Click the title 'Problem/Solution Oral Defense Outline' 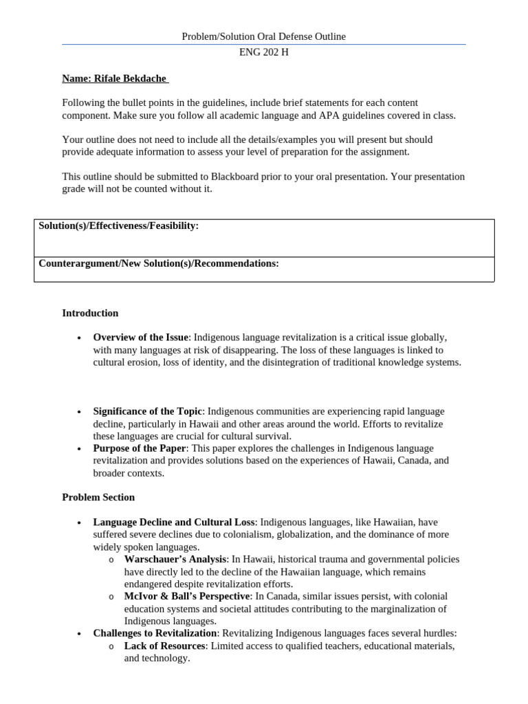pyautogui.click(x=264, y=36)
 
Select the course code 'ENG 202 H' pyautogui.click(x=264, y=52)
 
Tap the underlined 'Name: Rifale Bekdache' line pyautogui.click(x=115, y=78)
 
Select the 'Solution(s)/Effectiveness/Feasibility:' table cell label pyautogui.click(x=119, y=225)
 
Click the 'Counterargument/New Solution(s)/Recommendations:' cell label pyautogui.click(x=159, y=263)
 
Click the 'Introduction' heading pyautogui.click(x=90, y=313)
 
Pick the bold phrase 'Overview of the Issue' pyautogui.click(x=140, y=337)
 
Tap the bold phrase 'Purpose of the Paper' pyautogui.click(x=140, y=448)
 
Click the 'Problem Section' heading pyautogui.click(x=98, y=497)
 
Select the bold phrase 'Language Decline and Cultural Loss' pyautogui.click(x=174, y=522)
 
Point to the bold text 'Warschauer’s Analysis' pyautogui.click(x=175, y=559)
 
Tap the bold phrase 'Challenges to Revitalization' pyautogui.click(x=155, y=633)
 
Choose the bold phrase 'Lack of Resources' pyautogui.click(x=164, y=646)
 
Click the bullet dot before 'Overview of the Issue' pyautogui.click(x=80, y=338)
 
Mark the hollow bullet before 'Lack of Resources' pyautogui.click(x=111, y=646)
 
